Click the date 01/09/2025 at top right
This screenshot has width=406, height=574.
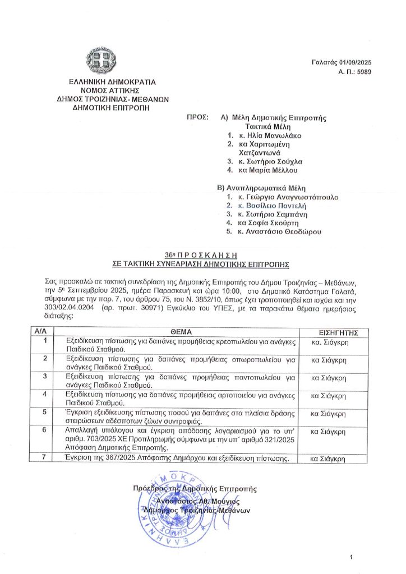355,63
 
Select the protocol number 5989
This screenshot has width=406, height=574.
363,72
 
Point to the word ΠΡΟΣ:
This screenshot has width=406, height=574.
197,118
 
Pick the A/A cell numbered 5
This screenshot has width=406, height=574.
44,413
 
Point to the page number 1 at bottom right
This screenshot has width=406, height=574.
351,557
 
